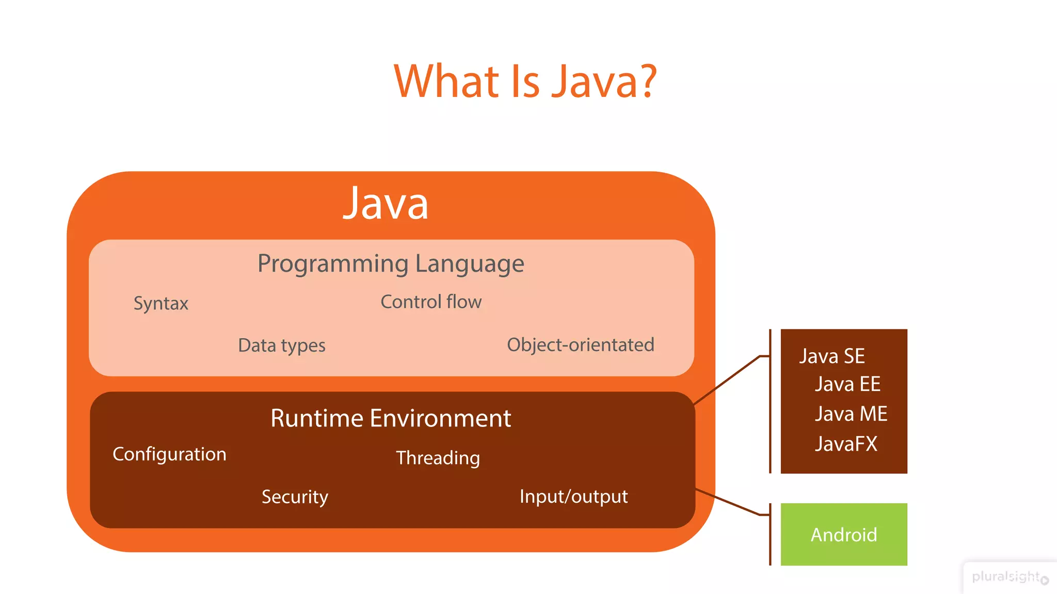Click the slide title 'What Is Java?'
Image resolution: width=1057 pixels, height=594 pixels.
[525, 81]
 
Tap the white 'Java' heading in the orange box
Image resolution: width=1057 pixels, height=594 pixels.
[386, 204]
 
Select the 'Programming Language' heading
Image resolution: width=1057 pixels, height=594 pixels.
[391, 264]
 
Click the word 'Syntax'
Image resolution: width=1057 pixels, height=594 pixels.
[161, 303]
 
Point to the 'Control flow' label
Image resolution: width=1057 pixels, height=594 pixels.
[431, 302]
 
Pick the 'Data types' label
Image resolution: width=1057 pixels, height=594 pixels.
[282, 345]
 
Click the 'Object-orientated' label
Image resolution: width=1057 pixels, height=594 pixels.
[580, 344]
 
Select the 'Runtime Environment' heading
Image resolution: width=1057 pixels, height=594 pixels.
[391, 418]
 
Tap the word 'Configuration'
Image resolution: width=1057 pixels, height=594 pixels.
[169, 454]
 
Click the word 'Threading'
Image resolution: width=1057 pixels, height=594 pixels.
[438, 458]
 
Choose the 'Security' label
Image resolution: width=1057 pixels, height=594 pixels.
[295, 497]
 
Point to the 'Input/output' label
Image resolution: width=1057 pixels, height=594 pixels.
[573, 497]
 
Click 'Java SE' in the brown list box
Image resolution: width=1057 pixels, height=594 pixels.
[831, 356]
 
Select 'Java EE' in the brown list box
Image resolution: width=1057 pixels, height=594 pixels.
[847, 384]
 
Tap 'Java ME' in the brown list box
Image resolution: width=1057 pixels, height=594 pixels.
[851, 414]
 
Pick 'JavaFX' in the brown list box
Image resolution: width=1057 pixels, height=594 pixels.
[846, 444]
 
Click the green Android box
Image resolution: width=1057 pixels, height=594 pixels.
[844, 535]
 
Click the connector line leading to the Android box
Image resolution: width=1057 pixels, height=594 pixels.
[728, 502]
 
